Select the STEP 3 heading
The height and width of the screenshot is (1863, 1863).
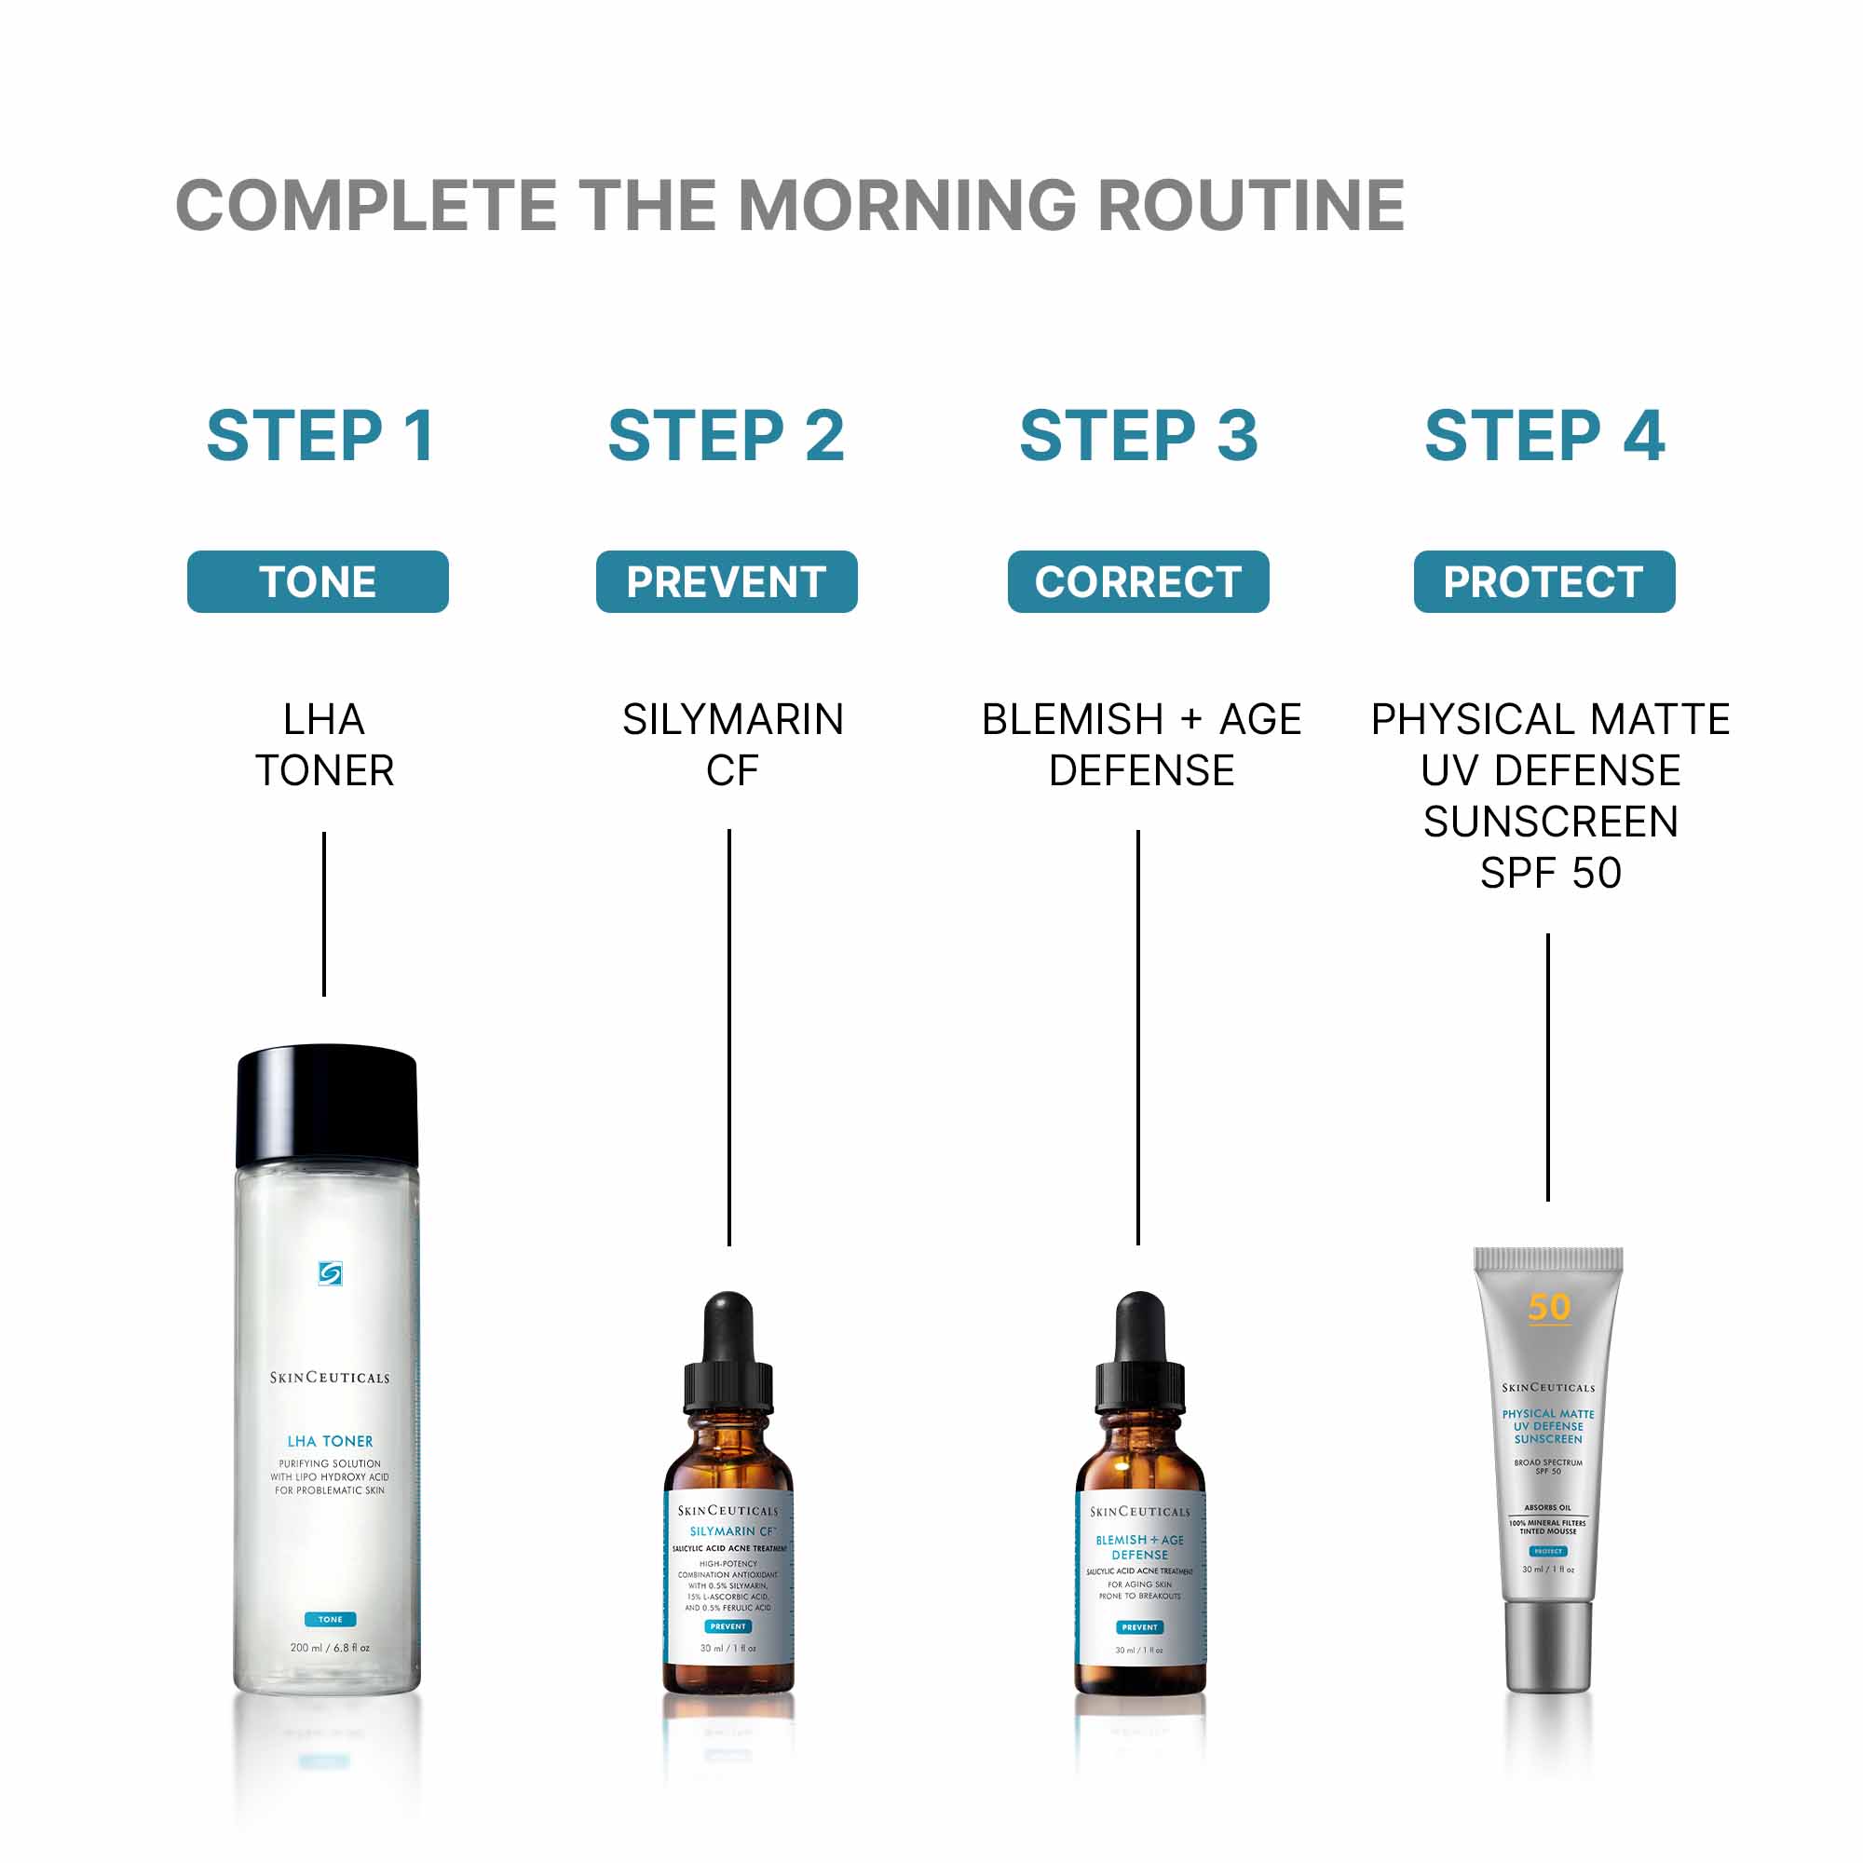(1138, 436)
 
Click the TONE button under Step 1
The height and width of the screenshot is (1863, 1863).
(318, 581)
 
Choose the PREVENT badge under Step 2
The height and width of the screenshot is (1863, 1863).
(727, 581)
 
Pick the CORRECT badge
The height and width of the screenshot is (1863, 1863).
(1138, 581)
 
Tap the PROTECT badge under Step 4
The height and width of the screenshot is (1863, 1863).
(1543, 581)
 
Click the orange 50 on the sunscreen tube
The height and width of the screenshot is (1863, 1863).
(1549, 1308)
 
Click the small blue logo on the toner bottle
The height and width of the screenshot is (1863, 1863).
(330, 1273)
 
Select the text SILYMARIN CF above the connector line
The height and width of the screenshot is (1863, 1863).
(732, 744)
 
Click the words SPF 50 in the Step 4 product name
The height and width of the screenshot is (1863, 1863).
(1550, 874)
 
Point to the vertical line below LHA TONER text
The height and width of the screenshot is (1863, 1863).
(324, 913)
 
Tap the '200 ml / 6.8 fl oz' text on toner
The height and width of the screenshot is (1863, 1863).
(330, 1648)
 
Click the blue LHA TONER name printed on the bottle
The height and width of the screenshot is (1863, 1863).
(330, 1442)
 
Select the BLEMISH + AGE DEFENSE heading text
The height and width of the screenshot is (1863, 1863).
(1141, 744)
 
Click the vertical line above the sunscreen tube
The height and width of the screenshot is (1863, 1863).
(1547, 1067)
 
